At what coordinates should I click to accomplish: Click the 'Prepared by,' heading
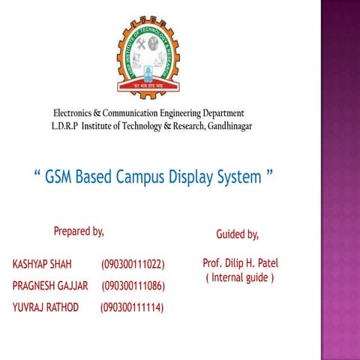[x=79, y=230]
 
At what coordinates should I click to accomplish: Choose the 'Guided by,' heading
[x=237, y=235]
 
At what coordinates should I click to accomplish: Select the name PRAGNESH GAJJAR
[x=51, y=286]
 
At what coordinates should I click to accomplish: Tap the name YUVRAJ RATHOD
[x=46, y=307]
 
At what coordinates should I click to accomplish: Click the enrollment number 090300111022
[x=133, y=265]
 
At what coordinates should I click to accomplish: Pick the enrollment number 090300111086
[x=133, y=286]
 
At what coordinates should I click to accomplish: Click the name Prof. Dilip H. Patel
[x=240, y=264]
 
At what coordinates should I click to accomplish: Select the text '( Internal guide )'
[x=240, y=278]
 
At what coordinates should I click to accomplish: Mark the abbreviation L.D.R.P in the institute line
[x=65, y=125]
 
